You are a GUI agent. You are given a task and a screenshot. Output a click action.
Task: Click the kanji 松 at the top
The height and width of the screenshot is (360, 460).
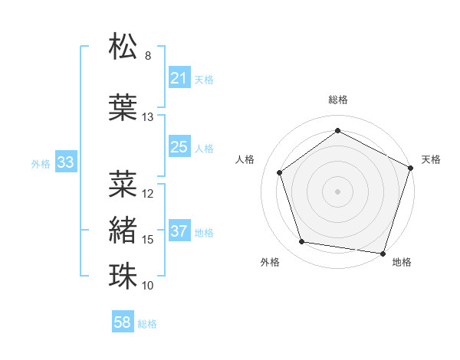(x=123, y=47)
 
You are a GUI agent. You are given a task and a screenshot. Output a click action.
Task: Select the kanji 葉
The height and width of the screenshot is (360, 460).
(x=123, y=107)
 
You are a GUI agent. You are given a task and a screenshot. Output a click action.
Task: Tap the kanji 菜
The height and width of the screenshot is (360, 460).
(x=123, y=184)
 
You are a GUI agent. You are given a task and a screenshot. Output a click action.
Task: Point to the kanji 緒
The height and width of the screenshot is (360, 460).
(x=123, y=230)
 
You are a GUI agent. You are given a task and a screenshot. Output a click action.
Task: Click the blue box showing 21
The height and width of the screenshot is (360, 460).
(x=179, y=78)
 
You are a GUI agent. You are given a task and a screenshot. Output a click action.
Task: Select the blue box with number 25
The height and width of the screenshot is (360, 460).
(x=179, y=147)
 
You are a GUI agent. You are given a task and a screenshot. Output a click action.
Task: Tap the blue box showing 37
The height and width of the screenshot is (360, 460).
(x=179, y=231)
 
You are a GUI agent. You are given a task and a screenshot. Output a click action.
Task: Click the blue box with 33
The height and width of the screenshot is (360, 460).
(x=65, y=162)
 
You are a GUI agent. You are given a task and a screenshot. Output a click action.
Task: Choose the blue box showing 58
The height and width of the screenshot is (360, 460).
(x=123, y=322)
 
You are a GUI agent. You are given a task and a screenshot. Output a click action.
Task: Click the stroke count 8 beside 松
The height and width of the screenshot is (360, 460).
(x=148, y=56)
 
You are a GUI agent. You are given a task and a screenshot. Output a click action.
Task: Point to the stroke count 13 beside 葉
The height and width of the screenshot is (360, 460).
(x=148, y=117)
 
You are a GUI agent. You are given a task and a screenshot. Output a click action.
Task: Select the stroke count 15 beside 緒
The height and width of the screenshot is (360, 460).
(x=148, y=240)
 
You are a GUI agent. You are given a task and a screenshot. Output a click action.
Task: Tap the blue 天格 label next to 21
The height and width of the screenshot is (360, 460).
(x=204, y=79)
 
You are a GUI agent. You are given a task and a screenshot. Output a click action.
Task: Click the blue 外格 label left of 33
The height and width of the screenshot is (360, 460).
(x=41, y=163)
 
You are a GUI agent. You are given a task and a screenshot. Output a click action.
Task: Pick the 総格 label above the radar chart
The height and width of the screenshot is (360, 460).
(x=337, y=100)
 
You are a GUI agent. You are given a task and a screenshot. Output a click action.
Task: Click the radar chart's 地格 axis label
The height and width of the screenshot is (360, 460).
(x=402, y=262)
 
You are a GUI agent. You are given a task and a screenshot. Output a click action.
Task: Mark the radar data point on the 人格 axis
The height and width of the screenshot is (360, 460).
(x=280, y=172)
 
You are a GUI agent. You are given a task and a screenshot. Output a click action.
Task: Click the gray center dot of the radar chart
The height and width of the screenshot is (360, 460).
(x=337, y=191)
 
